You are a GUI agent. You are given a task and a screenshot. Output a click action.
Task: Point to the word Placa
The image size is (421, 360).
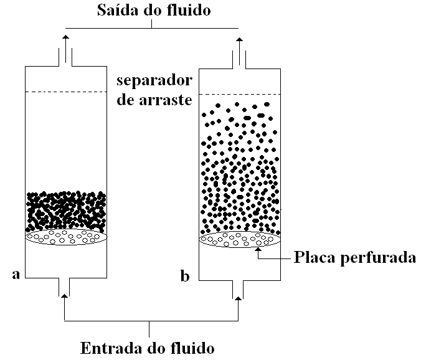click(x=315, y=257)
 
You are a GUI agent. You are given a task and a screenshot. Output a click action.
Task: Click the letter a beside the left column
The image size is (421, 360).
click(x=16, y=274)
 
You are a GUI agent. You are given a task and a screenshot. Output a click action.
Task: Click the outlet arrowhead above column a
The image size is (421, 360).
click(x=65, y=39)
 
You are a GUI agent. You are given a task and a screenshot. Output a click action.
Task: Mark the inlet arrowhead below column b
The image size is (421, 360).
click(x=239, y=298)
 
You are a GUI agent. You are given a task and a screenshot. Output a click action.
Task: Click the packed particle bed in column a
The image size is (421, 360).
click(x=65, y=211)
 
